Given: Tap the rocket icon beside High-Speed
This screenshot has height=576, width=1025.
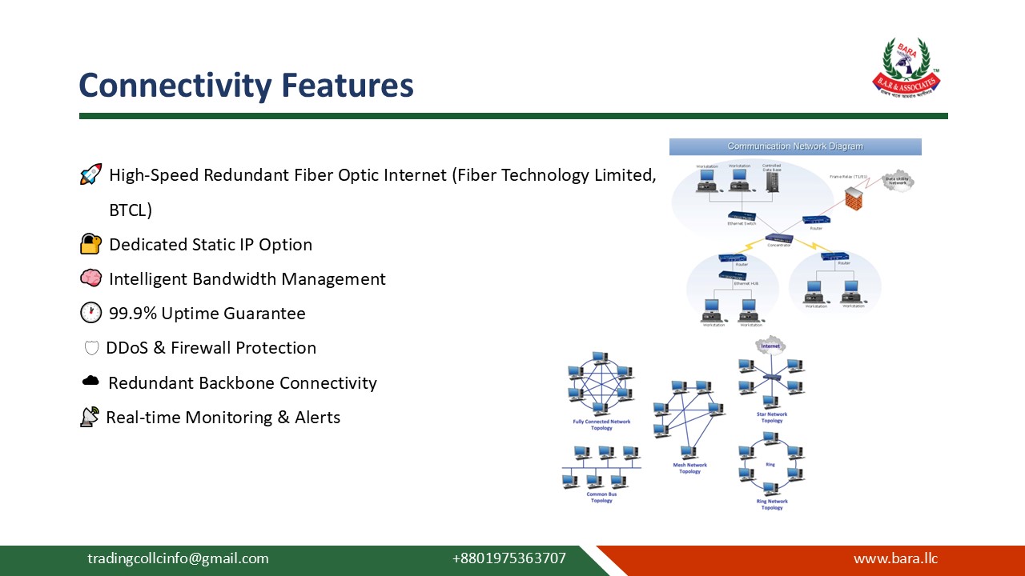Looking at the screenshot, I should tap(91, 174).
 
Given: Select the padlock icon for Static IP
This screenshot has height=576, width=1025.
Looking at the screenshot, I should tap(91, 243).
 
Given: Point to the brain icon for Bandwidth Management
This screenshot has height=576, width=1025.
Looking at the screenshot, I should tap(91, 278).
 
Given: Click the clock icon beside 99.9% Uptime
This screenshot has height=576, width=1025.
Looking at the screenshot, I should tap(91, 313).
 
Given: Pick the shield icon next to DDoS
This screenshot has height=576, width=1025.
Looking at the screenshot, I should tap(91, 348).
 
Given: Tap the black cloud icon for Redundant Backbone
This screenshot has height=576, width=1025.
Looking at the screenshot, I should tap(91, 382).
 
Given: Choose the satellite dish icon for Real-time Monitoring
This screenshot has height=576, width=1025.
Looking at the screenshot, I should tap(90, 417).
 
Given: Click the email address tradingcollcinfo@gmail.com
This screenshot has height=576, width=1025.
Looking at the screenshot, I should tap(178, 558).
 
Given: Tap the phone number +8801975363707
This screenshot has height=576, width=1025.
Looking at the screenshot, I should tap(508, 558).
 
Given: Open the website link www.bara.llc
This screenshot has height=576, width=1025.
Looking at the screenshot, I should tap(895, 558).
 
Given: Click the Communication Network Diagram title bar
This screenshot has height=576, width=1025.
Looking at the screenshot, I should tap(795, 146).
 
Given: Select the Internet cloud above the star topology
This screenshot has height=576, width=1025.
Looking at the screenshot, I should tap(770, 346).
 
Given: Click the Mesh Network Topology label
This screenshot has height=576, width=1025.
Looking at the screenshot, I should tap(689, 468).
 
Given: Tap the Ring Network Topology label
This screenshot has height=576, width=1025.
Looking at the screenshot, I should tap(772, 505).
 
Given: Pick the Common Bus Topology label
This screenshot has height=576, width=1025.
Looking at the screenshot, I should tap(601, 498).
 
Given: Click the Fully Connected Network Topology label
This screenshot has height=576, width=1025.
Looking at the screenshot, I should tap(601, 425).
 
